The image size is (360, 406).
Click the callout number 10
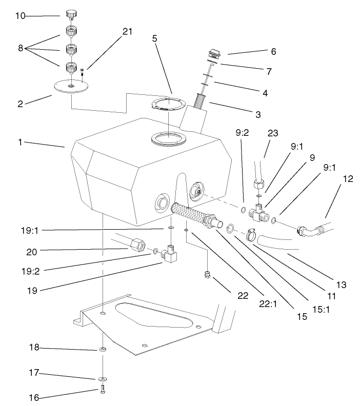coord(20,16)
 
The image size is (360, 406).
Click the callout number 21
coord(127,31)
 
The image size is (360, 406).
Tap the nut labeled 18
coord(103,349)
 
